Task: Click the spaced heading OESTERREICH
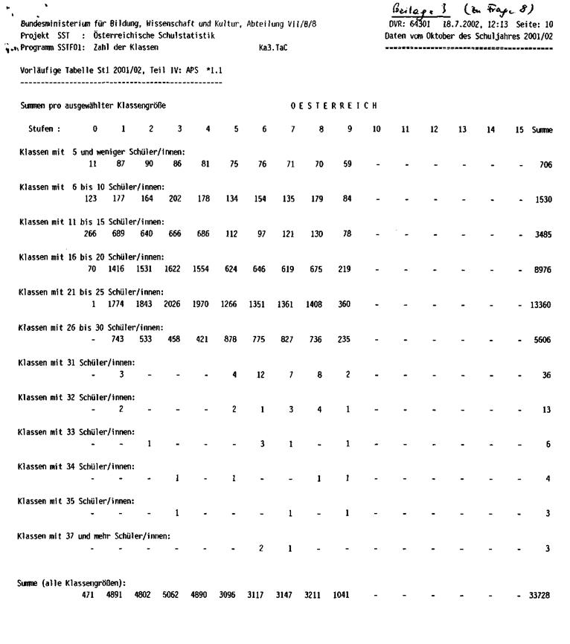(x=334, y=106)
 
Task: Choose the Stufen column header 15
(x=519, y=129)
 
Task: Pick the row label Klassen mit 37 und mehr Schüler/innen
(x=95, y=535)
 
